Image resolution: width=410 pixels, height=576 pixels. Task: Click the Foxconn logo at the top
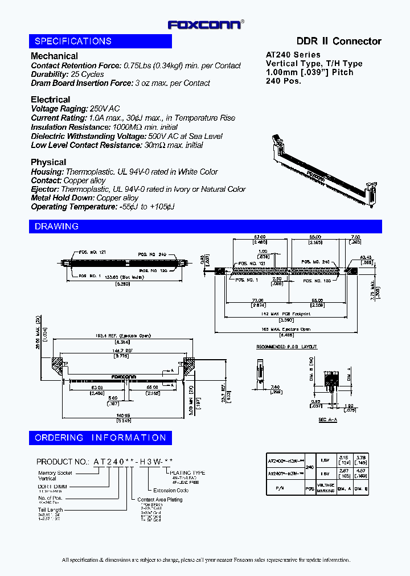(206, 24)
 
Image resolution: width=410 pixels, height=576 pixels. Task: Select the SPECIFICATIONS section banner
(100, 41)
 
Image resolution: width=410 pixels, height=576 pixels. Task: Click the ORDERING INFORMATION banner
(100, 438)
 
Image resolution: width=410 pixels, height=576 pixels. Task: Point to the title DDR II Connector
(339, 41)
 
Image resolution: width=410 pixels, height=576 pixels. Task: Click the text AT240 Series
(293, 55)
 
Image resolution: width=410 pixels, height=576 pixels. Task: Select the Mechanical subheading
(54, 56)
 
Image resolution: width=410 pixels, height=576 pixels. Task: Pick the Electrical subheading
(50, 100)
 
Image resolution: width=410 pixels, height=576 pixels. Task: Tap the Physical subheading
(48, 162)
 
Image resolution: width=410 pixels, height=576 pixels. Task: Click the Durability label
(49, 75)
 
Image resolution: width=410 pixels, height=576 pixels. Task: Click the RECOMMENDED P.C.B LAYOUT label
(286, 347)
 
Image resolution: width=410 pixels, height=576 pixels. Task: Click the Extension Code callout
(171, 490)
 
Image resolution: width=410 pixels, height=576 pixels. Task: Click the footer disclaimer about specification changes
(206, 560)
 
